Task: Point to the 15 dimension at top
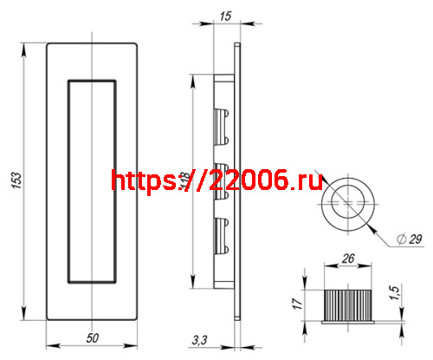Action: (225, 15)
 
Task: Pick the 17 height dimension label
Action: (296, 304)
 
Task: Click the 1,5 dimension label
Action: (396, 295)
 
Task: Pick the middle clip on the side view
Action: (221, 178)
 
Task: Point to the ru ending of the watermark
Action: (309, 180)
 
